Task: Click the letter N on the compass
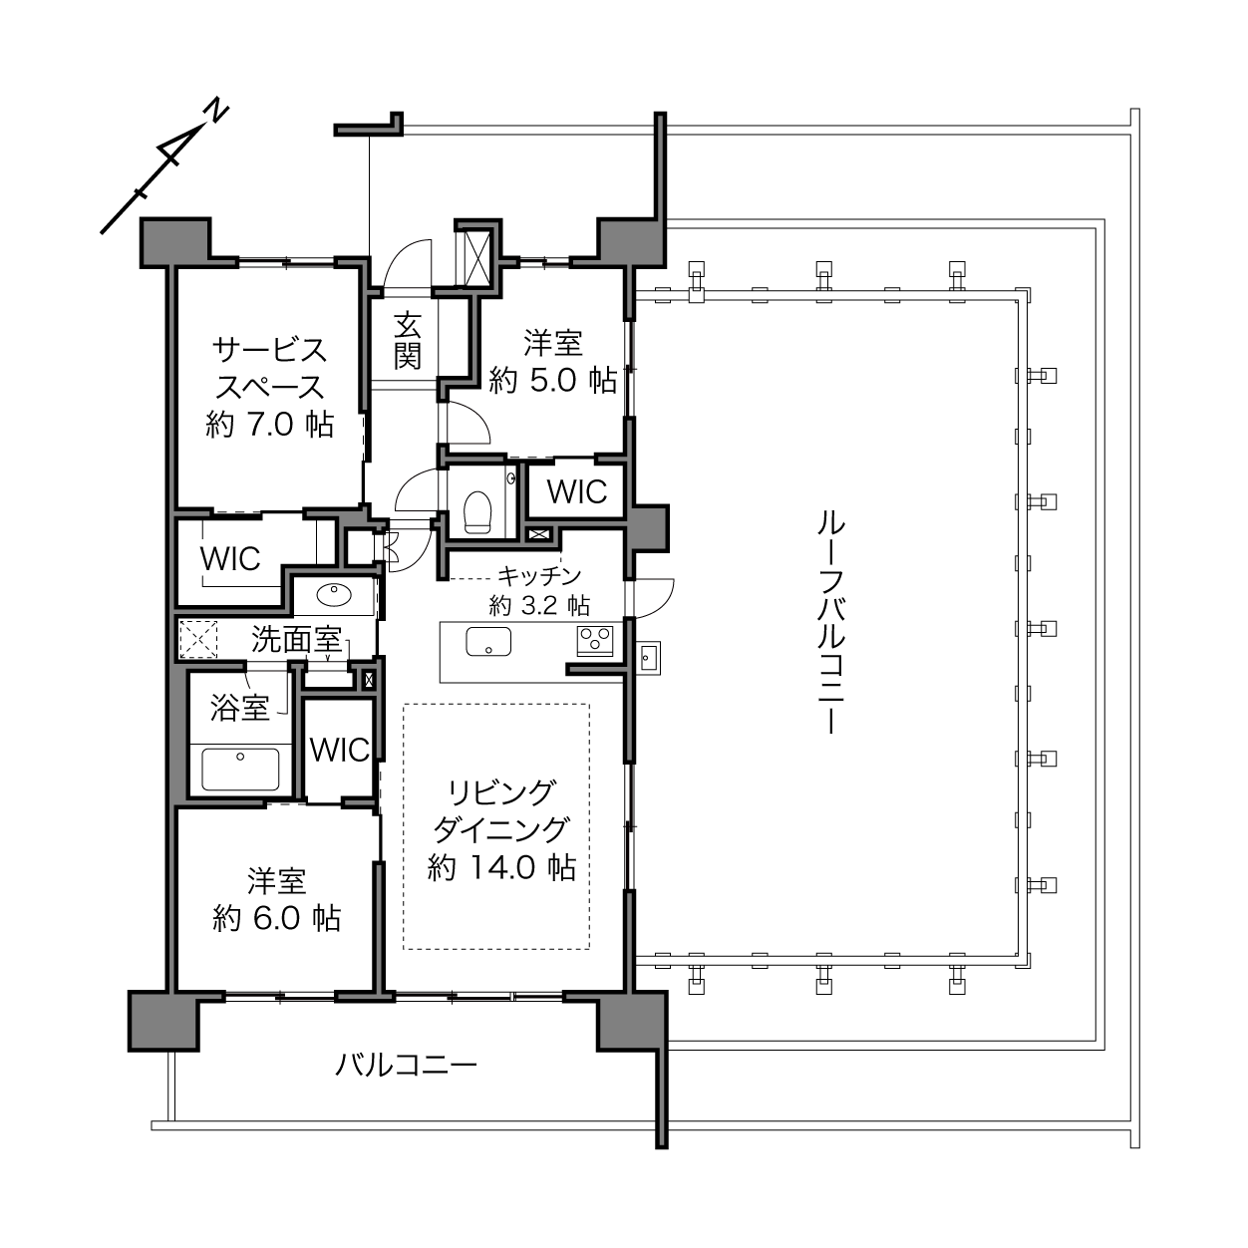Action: [217, 111]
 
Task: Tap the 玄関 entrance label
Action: [408, 341]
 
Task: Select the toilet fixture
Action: [477, 511]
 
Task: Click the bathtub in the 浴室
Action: [240, 770]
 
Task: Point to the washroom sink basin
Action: [333, 593]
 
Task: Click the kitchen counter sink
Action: [488, 641]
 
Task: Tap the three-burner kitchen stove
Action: [595, 641]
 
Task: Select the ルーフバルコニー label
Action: [830, 623]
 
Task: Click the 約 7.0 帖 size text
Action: [270, 425]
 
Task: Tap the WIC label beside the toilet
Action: [577, 491]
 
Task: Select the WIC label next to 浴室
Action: [339, 750]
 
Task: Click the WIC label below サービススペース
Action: [230, 559]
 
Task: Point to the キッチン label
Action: [539, 575]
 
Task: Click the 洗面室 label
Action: [296, 640]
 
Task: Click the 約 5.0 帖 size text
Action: [553, 380]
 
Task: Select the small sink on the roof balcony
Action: [648, 658]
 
